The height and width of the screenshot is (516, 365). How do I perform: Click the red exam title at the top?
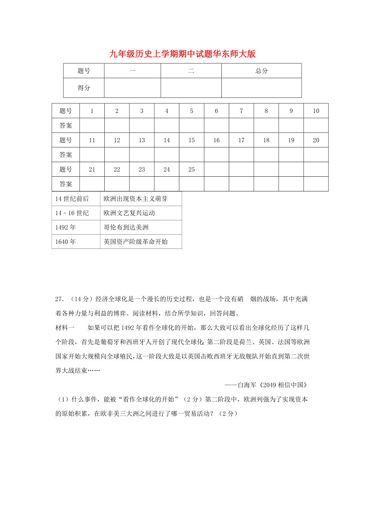(x=182, y=54)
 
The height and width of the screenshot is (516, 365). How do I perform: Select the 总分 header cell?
(x=261, y=71)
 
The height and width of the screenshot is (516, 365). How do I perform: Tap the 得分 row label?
(x=84, y=88)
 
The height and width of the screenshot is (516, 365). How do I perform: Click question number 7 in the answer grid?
(x=241, y=111)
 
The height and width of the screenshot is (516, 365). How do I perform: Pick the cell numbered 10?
(x=316, y=111)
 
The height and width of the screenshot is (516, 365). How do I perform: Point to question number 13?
(x=142, y=140)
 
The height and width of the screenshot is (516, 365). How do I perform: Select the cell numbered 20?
(x=316, y=140)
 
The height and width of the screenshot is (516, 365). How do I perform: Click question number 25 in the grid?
(x=191, y=170)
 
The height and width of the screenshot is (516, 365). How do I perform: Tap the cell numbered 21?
(x=92, y=170)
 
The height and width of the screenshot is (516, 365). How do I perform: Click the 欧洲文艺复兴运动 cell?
(x=129, y=213)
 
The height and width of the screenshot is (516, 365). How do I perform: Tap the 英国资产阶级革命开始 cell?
(x=135, y=241)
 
